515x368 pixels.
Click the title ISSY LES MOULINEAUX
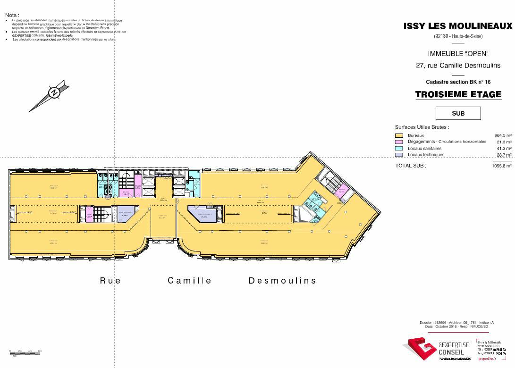(x=457, y=26)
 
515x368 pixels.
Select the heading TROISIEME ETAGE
(x=458, y=94)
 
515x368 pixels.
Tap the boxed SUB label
(x=458, y=113)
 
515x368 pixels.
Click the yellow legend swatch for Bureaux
(x=398, y=135)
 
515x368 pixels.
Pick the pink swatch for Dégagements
(x=398, y=142)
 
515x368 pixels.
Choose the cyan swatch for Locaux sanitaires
(x=398, y=149)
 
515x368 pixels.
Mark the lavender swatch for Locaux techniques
(x=398, y=155)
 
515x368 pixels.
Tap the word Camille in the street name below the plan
(x=190, y=281)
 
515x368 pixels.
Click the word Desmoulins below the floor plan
(x=282, y=281)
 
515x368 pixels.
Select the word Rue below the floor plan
(x=110, y=281)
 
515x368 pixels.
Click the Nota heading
(x=12, y=15)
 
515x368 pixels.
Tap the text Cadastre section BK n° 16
(x=458, y=82)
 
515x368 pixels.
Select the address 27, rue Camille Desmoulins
(x=458, y=66)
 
